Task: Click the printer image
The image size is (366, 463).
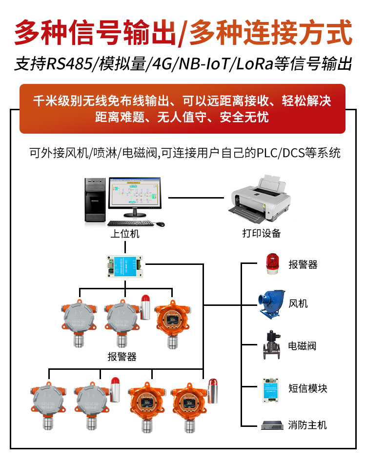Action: [259, 199]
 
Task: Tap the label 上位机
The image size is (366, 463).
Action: [124, 234]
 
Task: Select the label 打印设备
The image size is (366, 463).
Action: [261, 233]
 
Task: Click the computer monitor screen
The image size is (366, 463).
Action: [135, 193]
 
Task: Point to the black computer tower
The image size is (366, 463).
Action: [95, 200]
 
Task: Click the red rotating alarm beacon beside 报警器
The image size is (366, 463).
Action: [272, 263]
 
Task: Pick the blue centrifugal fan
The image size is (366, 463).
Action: [271, 304]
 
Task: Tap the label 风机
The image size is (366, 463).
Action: [298, 303]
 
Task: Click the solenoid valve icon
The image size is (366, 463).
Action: [271, 345]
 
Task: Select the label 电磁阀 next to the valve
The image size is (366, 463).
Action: [302, 346]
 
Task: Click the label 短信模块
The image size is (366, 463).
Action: [307, 388]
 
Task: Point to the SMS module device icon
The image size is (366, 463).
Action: [270, 390]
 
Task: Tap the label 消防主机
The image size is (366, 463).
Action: [307, 425]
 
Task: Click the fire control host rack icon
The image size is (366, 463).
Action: [272, 425]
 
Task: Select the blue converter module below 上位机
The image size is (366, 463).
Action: [124, 266]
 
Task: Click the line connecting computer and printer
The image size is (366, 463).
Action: [196, 198]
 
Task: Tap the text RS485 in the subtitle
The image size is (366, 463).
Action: [70, 64]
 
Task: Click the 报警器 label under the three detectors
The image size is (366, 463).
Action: [122, 357]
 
